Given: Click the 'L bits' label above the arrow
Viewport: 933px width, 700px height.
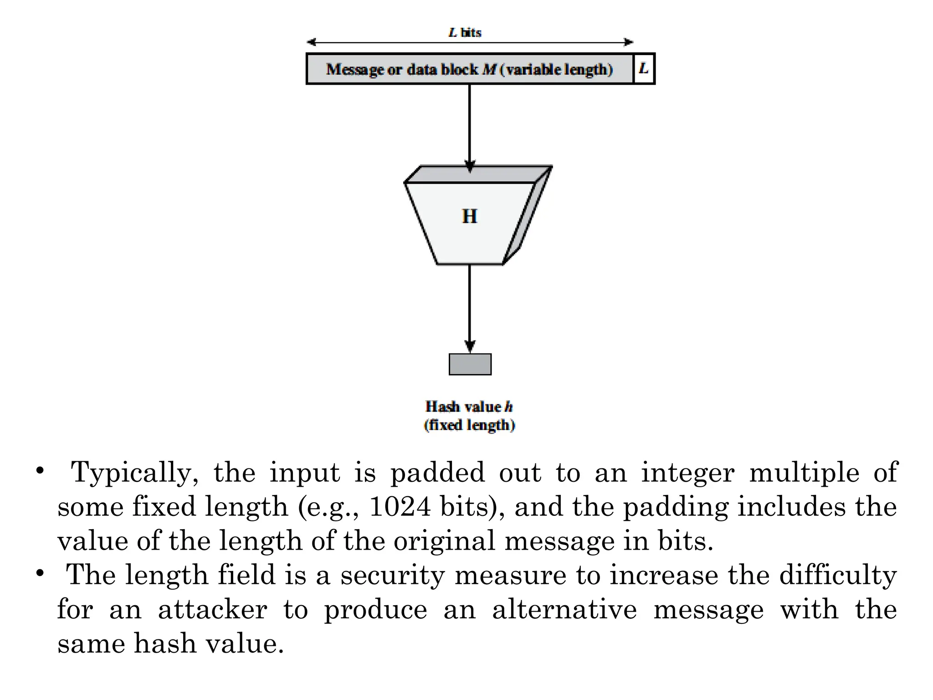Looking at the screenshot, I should point(465,32).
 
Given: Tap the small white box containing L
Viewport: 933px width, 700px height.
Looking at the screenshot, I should point(644,69).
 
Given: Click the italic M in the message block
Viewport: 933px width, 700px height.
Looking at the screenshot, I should point(489,69).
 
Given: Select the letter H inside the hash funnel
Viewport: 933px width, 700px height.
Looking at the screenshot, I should point(469,216).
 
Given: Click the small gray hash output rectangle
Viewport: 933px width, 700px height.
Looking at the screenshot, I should point(470,364).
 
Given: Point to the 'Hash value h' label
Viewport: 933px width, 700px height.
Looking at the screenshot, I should point(469,406).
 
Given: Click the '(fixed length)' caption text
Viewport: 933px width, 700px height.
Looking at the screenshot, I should point(469,425).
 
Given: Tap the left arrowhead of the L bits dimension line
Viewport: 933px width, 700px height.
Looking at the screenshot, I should point(312,42).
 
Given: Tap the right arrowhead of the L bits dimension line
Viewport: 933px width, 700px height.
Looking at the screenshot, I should point(628,42).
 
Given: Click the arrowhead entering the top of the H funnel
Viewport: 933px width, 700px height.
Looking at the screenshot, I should point(470,166).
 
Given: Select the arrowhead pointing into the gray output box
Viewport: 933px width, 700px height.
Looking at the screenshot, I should point(470,346).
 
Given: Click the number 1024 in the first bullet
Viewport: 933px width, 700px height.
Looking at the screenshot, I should point(400,506).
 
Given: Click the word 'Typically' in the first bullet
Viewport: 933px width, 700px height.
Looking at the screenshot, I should point(134,473).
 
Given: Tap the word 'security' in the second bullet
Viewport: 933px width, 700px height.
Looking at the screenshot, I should point(392,575).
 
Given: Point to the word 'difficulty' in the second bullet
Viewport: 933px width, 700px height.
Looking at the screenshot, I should point(838,575).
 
